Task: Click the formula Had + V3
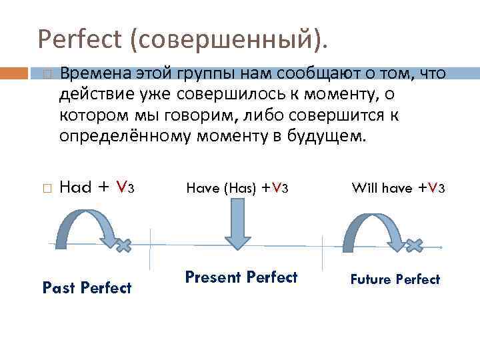[x=97, y=187]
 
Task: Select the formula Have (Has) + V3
[x=237, y=188]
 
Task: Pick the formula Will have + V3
[x=398, y=188]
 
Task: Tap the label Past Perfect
[x=87, y=288]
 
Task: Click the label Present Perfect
[x=241, y=277]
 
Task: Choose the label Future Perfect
[x=395, y=279]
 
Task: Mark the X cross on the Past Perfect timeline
[x=122, y=245]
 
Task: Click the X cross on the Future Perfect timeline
[x=414, y=245]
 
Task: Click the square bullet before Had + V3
[x=45, y=189]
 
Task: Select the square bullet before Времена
[x=45, y=73]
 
